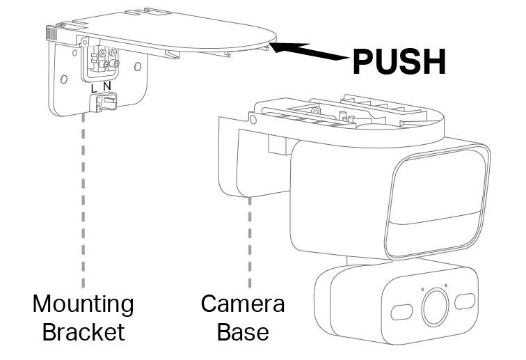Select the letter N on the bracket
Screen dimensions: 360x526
tap(106, 86)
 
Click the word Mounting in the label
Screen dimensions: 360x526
tap(83, 304)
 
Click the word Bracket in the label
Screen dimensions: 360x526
tap(83, 331)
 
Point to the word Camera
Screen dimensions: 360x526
tap(243, 304)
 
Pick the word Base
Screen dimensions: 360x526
tap(243, 331)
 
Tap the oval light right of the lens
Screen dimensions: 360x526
tap(465, 302)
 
